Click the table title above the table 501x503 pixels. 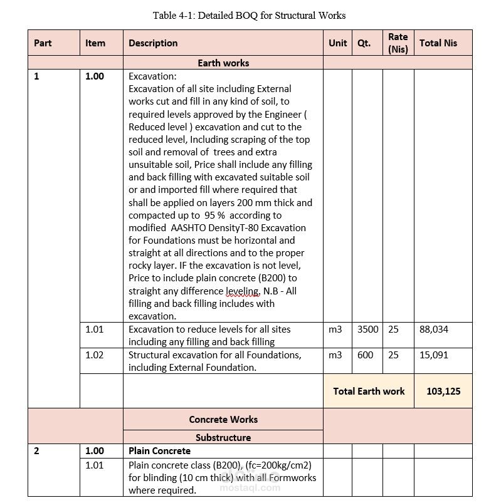point(249,15)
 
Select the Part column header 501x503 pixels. point(43,43)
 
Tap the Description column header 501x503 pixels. point(153,43)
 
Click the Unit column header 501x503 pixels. point(337,43)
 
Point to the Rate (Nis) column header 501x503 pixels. point(398,43)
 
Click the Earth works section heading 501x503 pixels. point(223,63)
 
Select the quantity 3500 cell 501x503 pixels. point(368,329)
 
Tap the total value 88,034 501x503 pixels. point(434,329)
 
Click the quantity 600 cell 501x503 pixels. point(365,355)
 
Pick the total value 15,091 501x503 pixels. point(434,355)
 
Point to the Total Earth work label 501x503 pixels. point(369,391)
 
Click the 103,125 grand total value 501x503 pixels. point(443,391)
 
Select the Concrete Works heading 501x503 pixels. point(223,419)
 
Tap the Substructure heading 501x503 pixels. point(223,437)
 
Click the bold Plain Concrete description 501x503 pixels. point(159,450)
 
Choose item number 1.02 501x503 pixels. point(95,355)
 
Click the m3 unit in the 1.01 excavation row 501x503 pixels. point(335,329)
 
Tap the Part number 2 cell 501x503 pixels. point(36,450)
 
